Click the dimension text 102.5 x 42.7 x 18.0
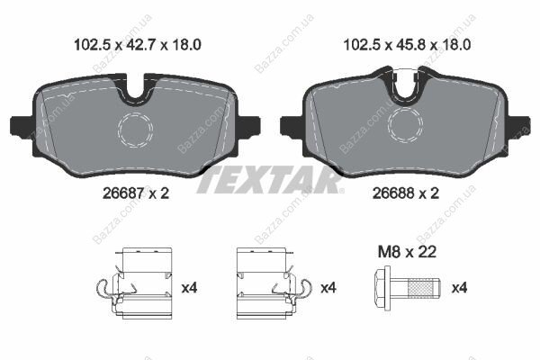[138, 45]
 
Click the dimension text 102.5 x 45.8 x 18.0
[407, 45]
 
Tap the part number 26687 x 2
[136, 193]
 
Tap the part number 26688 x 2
[406, 193]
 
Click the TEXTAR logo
[270, 180]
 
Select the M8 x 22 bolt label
[407, 252]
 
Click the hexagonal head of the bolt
[382, 288]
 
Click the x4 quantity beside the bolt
[459, 288]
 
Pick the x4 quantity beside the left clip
[189, 288]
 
